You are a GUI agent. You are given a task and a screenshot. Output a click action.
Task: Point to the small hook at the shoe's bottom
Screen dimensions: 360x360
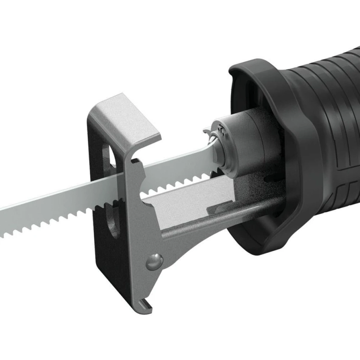(145, 305)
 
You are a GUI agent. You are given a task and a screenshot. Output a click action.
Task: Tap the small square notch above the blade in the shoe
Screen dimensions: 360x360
(135, 162)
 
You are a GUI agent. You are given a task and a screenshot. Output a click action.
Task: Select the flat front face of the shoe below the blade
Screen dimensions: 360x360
(137, 239)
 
